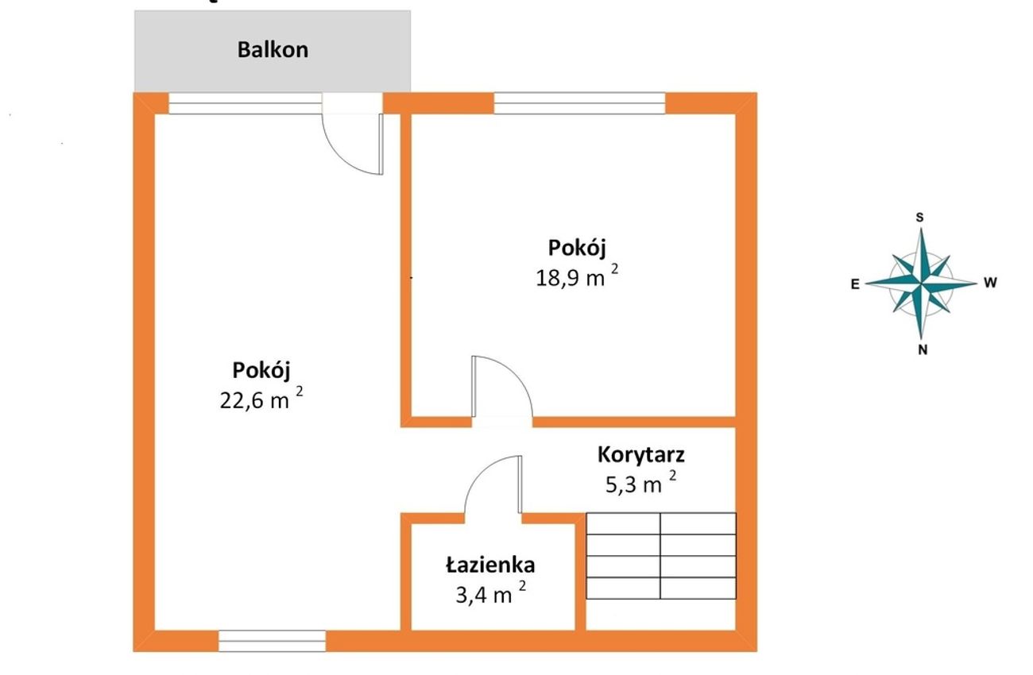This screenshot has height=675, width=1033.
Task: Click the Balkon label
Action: point(273,50)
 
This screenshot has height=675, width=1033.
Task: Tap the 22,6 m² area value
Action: point(261,399)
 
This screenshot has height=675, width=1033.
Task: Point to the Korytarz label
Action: point(641,455)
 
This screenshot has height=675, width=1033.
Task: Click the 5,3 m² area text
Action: point(641,483)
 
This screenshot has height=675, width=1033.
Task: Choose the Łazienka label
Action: point(490,565)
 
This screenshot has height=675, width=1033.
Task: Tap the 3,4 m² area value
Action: point(491,593)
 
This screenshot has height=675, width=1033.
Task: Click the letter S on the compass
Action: point(919,218)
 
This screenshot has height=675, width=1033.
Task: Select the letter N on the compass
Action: point(923,350)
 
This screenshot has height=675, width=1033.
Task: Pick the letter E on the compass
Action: point(855,284)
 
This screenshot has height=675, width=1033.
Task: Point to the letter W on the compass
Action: point(990,283)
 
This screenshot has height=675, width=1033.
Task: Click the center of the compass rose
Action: point(921,283)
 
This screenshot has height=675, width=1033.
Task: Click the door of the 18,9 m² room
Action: point(501,387)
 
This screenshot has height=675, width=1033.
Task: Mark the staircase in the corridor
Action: point(661,556)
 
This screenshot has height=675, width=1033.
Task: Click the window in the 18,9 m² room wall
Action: point(579,103)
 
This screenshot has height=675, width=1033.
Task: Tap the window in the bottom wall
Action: point(272,641)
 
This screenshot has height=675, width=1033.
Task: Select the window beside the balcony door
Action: point(245,103)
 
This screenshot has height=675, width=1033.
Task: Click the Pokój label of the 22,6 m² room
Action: point(261,370)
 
